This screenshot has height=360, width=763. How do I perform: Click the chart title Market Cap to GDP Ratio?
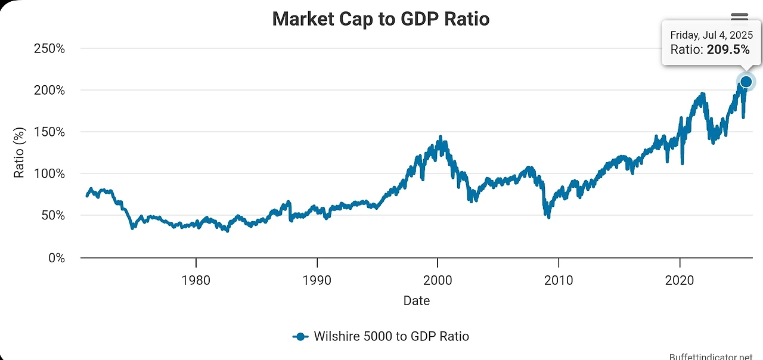(x=380, y=18)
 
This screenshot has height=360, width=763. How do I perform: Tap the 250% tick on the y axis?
(x=48, y=48)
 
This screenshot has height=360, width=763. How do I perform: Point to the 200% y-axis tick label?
(x=48, y=90)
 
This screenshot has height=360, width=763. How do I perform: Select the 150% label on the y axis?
(x=48, y=132)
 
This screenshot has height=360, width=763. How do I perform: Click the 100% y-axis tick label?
(x=48, y=173)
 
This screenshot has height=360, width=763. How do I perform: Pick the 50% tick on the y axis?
(x=51, y=215)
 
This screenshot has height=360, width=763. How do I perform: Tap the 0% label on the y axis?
(x=54, y=257)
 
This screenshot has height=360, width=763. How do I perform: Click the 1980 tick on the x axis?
(x=196, y=280)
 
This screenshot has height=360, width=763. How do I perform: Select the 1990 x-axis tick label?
(x=317, y=280)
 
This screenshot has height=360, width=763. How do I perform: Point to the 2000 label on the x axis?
(x=438, y=280)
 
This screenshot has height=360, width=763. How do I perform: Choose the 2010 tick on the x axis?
(x=559, y=280)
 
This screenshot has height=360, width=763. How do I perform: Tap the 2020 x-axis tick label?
(x=680, y=280)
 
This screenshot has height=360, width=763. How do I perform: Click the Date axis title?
(x=416, y=300)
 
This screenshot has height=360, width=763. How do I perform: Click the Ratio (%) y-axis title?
(x=20, y=153)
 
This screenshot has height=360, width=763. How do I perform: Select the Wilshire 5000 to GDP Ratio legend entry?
(x=381, y=336)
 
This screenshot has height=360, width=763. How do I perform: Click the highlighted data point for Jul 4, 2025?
(x=746, y=82)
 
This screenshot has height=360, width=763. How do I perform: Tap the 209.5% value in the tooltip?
(x=728, y=50)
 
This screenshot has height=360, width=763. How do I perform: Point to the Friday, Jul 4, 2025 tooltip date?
(x=711, y=35)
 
